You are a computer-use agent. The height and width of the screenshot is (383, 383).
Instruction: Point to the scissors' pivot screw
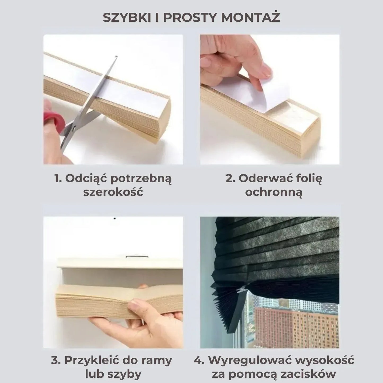[x=74, y=129]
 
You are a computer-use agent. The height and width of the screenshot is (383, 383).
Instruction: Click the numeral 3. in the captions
[x=56, y=360]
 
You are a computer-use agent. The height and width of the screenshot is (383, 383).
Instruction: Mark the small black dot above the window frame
[x=115, y=218]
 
